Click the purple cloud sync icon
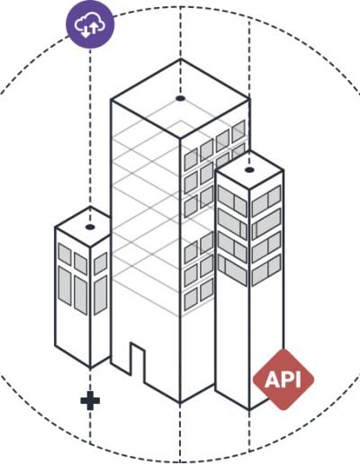click(x=90, y=24)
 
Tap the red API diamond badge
click(x=283, y=379)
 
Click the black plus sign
click(x=90, y=400)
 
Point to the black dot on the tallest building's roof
click(x=180, y=98)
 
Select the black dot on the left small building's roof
click(x=90, y=227)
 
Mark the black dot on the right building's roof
click(x=249, y=170)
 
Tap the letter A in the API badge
click(x=271, y=379)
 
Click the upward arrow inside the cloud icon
click(x=94, y=28)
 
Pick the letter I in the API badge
click(x=297, y=379)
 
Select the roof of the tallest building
click(x=180, y=98)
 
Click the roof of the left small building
click(x=83, y=227)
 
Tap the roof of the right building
click(x=249, y=170)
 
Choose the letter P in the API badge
click(x=286, y=379)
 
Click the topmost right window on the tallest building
click(x=238, y=131)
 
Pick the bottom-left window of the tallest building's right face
click(x=191, y=299)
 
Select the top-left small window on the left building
click(x=65, y=254)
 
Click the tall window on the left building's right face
click(x=101, y=296)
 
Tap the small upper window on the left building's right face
click(x=101, y=263)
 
